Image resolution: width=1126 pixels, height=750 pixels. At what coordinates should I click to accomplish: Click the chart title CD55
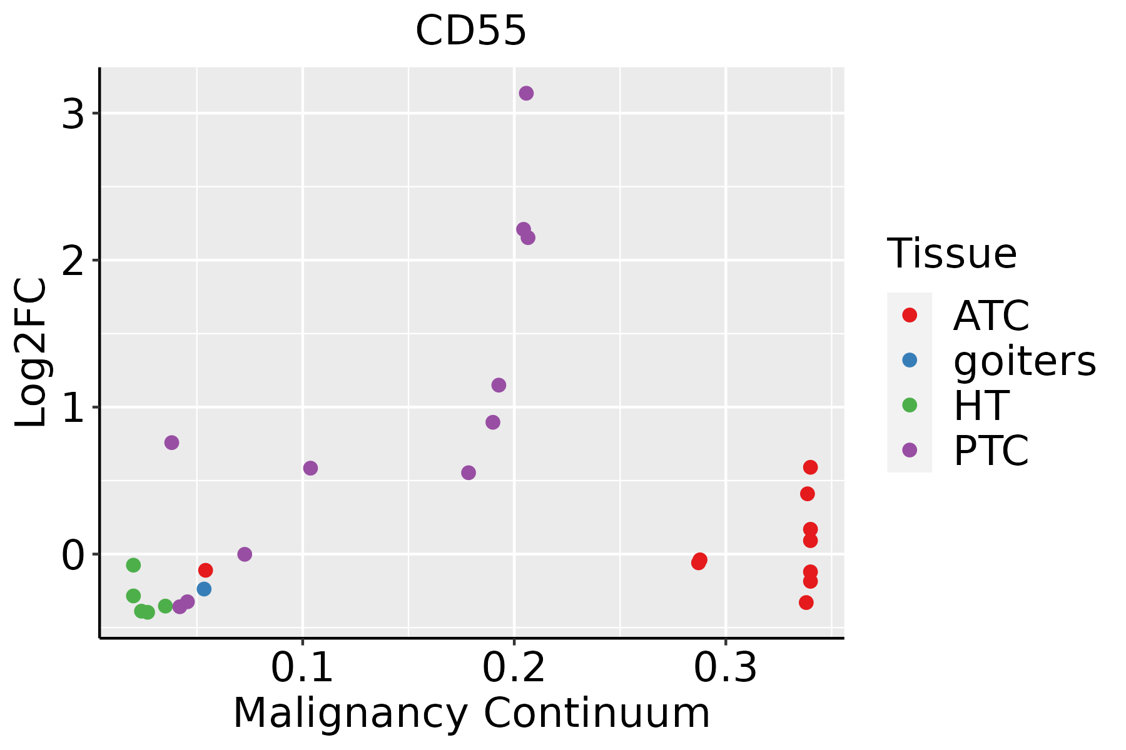[x=470, y=31]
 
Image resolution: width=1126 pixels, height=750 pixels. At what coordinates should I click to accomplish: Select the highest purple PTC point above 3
[x=526, y=93]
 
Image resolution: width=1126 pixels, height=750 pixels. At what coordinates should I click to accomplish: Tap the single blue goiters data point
[x=204, y=589]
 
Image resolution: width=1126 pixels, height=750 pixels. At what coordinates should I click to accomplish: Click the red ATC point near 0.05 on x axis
[x=205, y=570]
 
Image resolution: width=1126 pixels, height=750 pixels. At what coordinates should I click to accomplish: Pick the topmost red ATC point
[x=810, y=467]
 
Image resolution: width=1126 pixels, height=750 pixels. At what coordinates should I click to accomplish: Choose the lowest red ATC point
[x=806, y=602]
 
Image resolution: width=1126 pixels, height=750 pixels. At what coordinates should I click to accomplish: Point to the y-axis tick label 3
[x=73, y=114]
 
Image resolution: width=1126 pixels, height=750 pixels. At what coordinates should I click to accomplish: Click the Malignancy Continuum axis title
[x=472, y=713]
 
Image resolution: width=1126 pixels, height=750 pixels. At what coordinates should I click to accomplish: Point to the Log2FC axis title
[x=31, y=353]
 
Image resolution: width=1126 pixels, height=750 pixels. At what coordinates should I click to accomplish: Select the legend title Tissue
[x=951, y=254]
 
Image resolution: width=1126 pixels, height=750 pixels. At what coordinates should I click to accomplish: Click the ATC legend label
[x=991, y=316]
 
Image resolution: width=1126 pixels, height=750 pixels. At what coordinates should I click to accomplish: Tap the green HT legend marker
[x=910, y=405]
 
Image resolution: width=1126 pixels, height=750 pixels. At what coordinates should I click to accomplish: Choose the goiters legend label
[x=1025, y=361]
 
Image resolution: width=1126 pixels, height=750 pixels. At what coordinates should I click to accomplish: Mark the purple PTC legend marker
[x=910, y=450]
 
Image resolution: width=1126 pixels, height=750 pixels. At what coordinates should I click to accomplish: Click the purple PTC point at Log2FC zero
[x=245, y=554]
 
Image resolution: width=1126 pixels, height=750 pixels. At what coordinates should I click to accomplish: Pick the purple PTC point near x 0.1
[x=310, y=468]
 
